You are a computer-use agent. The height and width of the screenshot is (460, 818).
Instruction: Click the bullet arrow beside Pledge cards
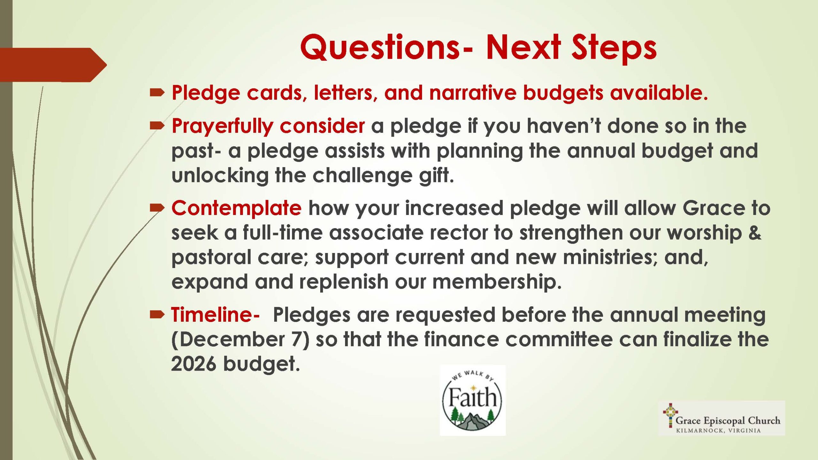coord(157,93)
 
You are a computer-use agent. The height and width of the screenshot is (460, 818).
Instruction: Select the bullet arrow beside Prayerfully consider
coord(157,126)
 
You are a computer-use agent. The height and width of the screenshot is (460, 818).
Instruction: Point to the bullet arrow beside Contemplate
coord(157,208)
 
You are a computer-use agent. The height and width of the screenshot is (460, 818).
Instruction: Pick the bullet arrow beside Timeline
coord(157,315)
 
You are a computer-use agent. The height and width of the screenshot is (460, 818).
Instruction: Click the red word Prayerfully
coord(222,126)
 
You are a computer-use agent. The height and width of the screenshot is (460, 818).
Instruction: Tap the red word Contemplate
coord(236,208)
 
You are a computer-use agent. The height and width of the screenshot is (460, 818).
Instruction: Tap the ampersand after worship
coord(755,233)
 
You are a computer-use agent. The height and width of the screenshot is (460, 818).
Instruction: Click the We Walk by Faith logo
coord(473,401)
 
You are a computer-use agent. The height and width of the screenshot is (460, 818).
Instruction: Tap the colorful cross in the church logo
coord(670,415)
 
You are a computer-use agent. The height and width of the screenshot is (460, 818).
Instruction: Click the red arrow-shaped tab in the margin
coord(53,65)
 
